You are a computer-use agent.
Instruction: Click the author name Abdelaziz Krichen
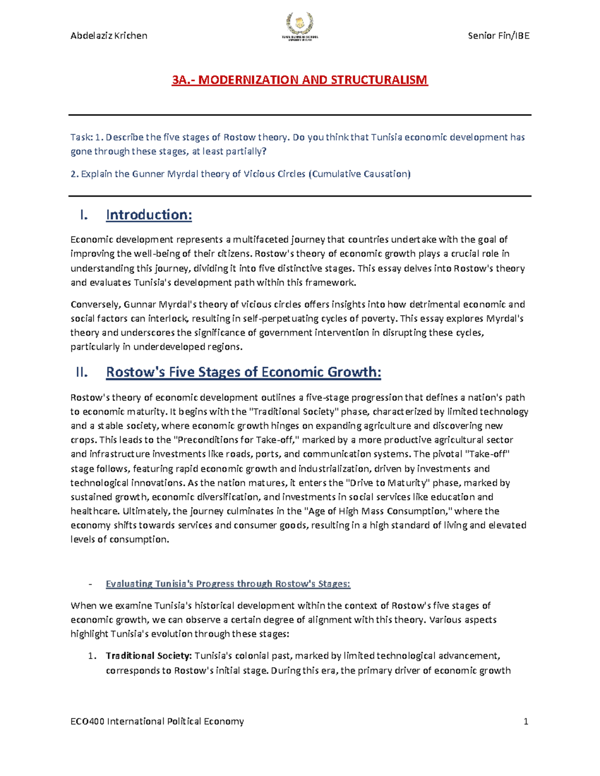pyautogui.click(x=109, y=35)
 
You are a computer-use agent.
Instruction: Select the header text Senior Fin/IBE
pyautogui.click(x=498, y=35)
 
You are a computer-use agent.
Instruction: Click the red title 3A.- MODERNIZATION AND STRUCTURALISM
pyautogui.click(x=299, y=80)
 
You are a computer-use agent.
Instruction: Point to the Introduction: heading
pyautogui.click(x=148, y=215)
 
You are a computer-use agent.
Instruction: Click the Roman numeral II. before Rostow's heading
pyautogui.click(x=81, y=372)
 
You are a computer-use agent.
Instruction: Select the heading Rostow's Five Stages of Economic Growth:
pyautogui.click(x=243, y=372)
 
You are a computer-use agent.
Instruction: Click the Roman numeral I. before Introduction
pyautogui.click(x=83, y=215)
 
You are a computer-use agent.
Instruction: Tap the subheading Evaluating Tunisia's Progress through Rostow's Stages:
pyautogui.click(x=228, y=584)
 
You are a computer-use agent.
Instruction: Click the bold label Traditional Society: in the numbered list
pyautogui.click(x=148, y=656)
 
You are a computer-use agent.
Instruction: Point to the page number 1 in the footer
pyautogui.click(x=525, y=721)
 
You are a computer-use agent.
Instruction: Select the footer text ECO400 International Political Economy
pyautogui.click(x=157, y=721)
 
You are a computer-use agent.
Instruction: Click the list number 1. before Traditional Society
pyautogui.click(x=91, y=656)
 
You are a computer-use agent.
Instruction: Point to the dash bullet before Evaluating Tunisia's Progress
pyautogui.click(x=90, y=584)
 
